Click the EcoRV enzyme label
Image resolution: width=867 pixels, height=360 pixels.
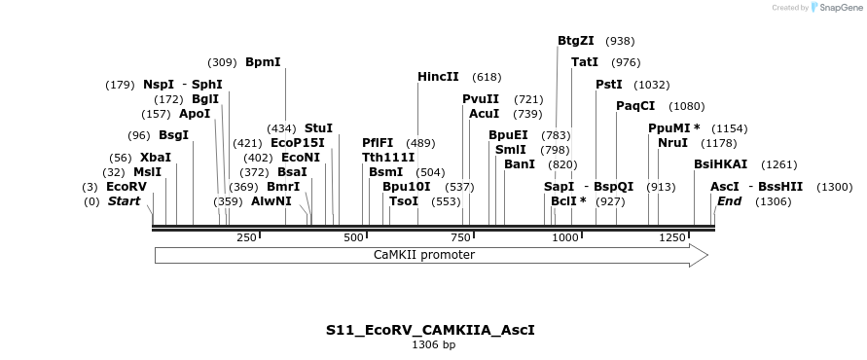(126, 186)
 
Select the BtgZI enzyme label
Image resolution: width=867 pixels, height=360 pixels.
(575, 41)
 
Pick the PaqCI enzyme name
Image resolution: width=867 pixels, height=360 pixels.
(635, 105)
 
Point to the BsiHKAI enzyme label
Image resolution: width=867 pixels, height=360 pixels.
(721, 164)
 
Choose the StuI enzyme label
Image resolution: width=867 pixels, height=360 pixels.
(318, 127)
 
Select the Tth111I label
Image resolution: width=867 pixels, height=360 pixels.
(388, 157)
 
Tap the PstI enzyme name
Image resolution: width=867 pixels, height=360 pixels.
(609, 85)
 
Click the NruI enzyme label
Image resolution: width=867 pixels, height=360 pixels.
(672, 142)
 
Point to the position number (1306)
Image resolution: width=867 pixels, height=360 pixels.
(774, 201)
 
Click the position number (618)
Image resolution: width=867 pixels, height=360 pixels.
(487, 76)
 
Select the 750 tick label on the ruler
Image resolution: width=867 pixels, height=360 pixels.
(460, 237)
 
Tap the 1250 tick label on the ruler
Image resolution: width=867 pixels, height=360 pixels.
(672, 237)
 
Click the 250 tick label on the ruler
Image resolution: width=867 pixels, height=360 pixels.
(246, 237)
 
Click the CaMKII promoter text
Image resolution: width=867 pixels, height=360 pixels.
(424, 255)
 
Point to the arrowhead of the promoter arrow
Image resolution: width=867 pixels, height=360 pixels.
(698, 255)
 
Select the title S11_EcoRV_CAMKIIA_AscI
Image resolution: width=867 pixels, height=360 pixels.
(430, 330)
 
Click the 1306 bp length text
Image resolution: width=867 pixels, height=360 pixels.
(433, 344)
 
